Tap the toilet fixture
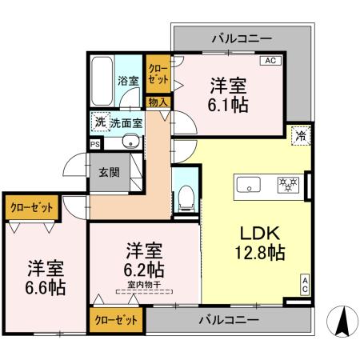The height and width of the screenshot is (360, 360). coord(185,194)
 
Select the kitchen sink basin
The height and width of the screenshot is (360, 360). coord(249,185)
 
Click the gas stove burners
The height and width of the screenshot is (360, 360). coord(287,185)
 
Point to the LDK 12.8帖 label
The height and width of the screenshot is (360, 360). coord(258,241)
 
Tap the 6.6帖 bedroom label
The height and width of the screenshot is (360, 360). coord(43,276)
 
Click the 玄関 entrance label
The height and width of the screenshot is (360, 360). coord(109,172)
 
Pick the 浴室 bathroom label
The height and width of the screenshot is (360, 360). coord(127,81)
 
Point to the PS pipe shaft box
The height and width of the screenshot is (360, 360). coord(95,144)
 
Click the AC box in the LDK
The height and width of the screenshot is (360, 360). coord(304,284)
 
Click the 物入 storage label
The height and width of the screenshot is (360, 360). coord(158,102)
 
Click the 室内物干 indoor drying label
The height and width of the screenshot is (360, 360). coord(144,285)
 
